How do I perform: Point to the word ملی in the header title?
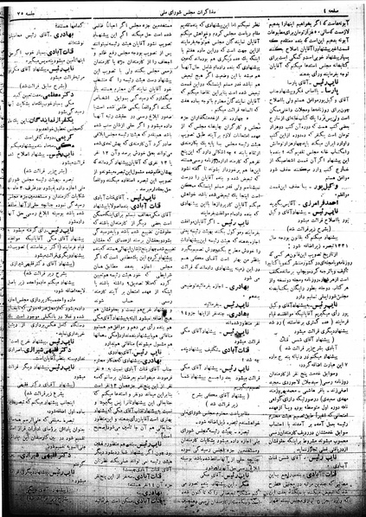pyautogui.click(x=147, y=9)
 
